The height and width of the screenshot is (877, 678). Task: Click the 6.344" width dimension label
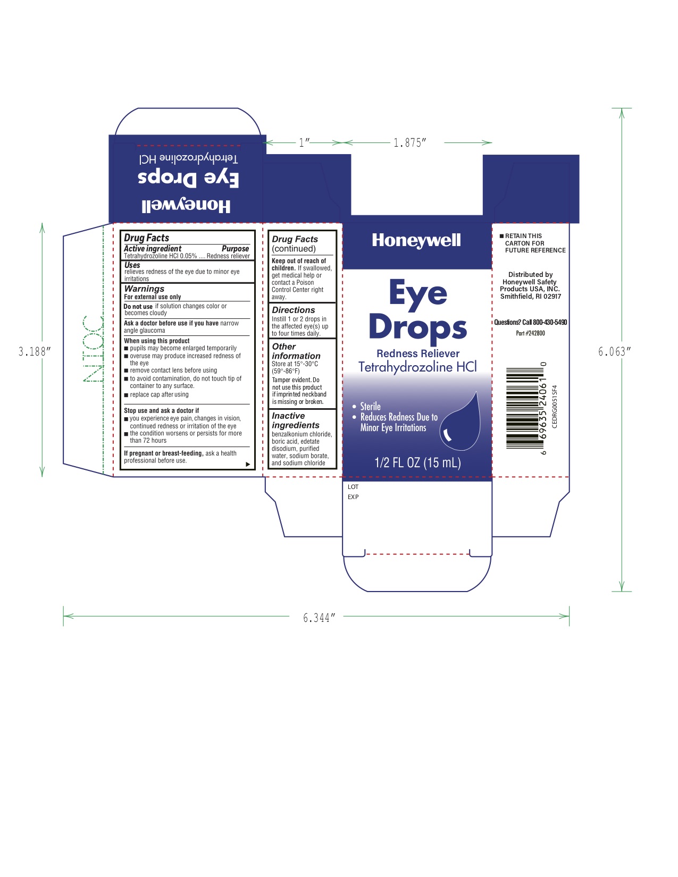coord(319,618)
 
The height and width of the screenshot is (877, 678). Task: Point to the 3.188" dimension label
coord(35,351)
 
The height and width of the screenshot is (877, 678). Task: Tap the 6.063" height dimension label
coord(614,351)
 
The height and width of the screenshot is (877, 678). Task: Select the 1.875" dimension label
coord(410,142)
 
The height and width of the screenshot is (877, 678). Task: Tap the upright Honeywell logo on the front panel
coord(416,240)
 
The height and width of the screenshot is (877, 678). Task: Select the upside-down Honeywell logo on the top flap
coord(186,206)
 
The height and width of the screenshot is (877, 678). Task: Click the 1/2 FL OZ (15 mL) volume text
coord(417,462)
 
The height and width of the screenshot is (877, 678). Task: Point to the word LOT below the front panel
coord(353,487)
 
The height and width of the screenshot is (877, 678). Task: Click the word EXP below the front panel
coord(353,497)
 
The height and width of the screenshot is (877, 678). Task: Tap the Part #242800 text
coord(530,333)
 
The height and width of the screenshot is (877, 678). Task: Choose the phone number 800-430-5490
coord(550,322)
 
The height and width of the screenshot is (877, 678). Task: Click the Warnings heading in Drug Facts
coord(144,289)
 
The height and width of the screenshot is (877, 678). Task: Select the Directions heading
coord(293,310)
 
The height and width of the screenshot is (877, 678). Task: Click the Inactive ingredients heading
coord(296,420)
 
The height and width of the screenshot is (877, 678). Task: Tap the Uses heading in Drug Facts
coord(132,265)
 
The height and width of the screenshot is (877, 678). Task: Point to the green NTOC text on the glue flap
coord(93,348)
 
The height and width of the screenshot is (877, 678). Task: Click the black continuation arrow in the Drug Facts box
coord(248,464)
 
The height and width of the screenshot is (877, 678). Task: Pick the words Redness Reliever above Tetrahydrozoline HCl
coord(418,353)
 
